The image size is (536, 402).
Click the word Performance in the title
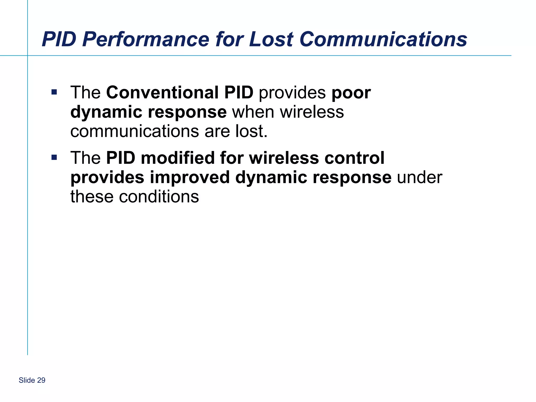coord(146,39)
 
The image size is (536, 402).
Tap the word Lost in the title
coord(271,39)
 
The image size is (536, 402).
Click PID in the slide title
coord(59,39)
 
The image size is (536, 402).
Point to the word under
coord(420,177)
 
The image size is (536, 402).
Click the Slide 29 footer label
coord(32,380)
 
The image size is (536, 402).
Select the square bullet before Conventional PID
coord(54,92)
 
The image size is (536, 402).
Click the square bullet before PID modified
coord(54,157)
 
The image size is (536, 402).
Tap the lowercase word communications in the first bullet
coord(135,131)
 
